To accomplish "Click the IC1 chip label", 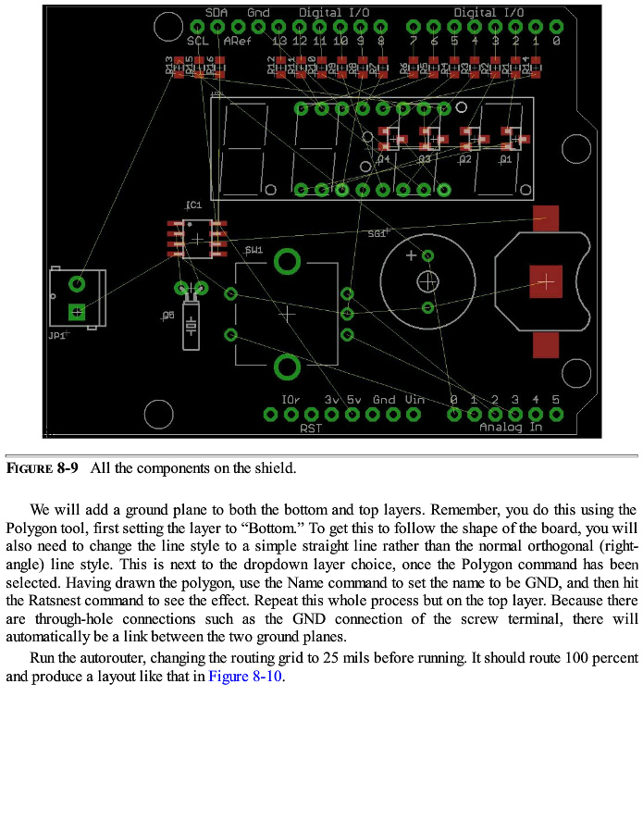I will tap(193, 205).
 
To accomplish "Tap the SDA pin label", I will tap(216, 13).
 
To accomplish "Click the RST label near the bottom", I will tap(310, 428).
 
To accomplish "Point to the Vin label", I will tap(414, 400).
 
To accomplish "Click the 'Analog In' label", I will tap(510, 428).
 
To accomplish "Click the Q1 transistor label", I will tap(505, 159).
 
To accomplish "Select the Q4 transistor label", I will tap(385, 159).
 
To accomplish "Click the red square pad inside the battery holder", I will tap(546, 280).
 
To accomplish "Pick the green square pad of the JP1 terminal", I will tap(78, 312).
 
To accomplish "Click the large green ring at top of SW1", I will tap(288, 263).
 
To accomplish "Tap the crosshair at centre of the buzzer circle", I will tap(427, 280).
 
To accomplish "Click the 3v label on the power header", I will tap(332, 400).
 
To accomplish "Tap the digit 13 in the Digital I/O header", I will tap(279, 41).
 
